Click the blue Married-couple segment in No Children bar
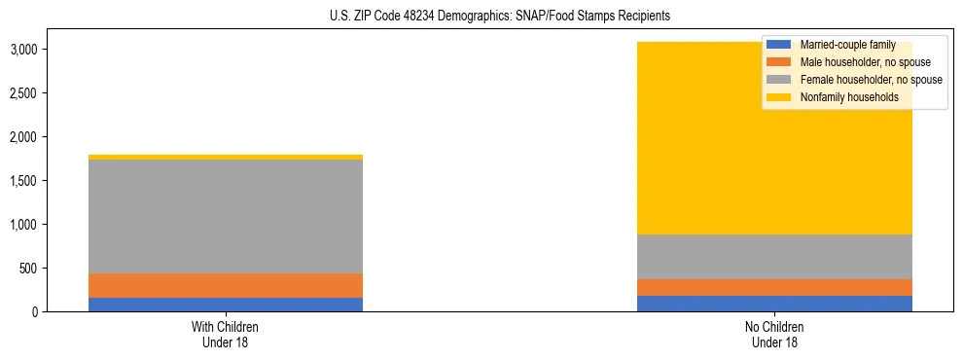(774, 304)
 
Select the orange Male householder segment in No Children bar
(774, 287)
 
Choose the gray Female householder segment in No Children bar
(774, 257)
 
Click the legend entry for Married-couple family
(847, 45)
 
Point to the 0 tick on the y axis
(49, 312)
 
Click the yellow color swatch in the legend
(779, 97)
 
